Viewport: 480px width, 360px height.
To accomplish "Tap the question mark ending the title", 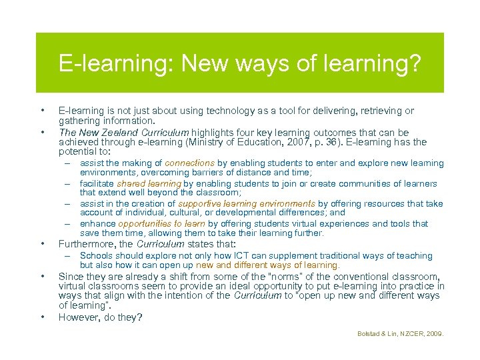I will pyautogui.click(x=416, y=64).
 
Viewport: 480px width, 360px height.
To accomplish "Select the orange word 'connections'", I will pyautogui.click(x=190, y=163).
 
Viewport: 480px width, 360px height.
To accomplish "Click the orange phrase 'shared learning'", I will pyautogui.click(x=149, y=183).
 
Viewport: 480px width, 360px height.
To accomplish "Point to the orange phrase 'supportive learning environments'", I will pyautogui.click(x=247, y=203).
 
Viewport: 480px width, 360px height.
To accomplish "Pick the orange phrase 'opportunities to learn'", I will pyautogui.click(x=162, y=223).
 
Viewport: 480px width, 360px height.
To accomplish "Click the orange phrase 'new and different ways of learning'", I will pyautogui.click(x=268, y=265).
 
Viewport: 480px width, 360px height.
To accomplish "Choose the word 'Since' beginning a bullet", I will pyautogui.click(x=71, y=276).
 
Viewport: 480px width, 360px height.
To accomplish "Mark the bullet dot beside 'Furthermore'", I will pyautogui.click(x=41, y=243).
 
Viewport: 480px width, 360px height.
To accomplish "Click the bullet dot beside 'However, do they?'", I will pyautogui.click(x=41, y=317).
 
